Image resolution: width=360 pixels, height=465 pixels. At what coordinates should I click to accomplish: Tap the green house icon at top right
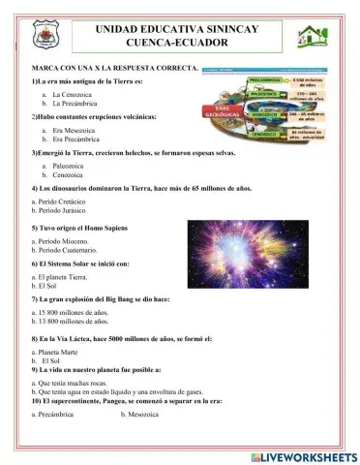[x=314, y=39]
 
